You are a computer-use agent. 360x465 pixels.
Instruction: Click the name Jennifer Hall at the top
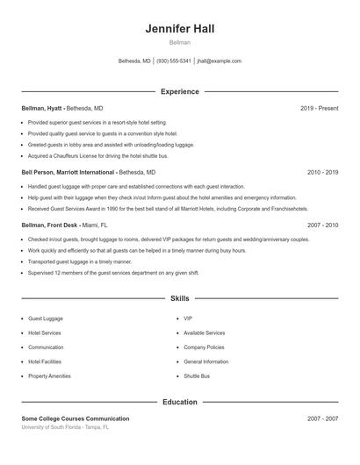tap(179, 28)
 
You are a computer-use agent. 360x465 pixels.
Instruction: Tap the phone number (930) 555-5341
tap(174, 61)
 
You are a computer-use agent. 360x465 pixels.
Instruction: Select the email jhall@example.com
tap(219, 61)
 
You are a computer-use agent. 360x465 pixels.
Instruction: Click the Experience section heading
tap(179, 91)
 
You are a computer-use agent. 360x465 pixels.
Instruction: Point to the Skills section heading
tap(179, 299)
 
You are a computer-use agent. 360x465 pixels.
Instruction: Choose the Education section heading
tap(179, 402)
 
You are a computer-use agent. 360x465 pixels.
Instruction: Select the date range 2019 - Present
tap(319, 108)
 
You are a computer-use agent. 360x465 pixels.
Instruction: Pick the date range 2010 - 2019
tap(322, 173)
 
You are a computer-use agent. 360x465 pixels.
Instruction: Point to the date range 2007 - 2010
tap(322, 225)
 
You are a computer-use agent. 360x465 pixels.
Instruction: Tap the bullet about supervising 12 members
tap(113, 273)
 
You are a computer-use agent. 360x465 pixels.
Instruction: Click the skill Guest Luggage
tap(46, 318)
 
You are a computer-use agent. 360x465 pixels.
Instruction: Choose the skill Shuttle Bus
tap(197, 376)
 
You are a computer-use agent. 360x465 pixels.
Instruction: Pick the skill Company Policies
tap(204, 347)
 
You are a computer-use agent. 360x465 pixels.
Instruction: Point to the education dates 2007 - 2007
tap(322, 419)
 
